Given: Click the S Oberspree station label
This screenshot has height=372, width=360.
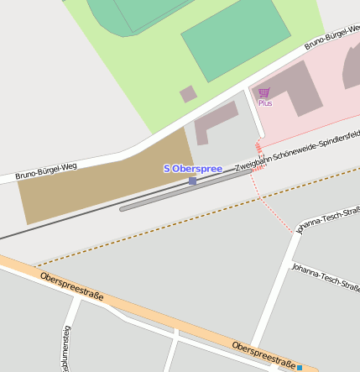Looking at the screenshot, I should [192, 169].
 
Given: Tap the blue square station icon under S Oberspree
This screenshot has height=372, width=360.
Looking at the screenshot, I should [193, 181].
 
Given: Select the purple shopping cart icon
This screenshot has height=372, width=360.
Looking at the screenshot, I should [264, 92].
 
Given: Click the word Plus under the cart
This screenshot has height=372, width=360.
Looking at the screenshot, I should [265, 103].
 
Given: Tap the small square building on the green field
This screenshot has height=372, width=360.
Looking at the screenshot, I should [188, 94].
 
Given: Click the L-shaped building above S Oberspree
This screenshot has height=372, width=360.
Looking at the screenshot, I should [213, 123].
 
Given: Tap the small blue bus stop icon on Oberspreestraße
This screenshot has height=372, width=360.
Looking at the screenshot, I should [300, 367].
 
